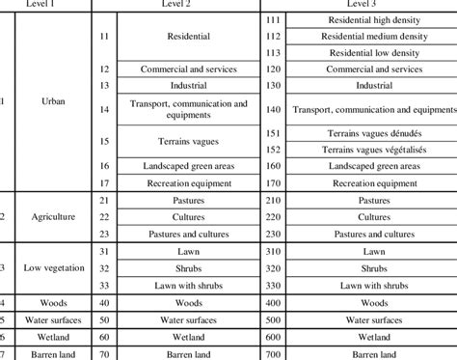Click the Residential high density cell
coord(371,20)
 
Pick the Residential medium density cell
coord(371,37)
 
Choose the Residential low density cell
coord(371,53)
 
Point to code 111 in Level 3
coord(273,20)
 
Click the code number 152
coord(273,149)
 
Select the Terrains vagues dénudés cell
coord(371,132)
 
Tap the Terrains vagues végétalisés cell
coord(371,149)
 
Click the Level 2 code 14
coord(105,109)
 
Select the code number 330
coord(273,286)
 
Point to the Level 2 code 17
coord(105,181)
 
